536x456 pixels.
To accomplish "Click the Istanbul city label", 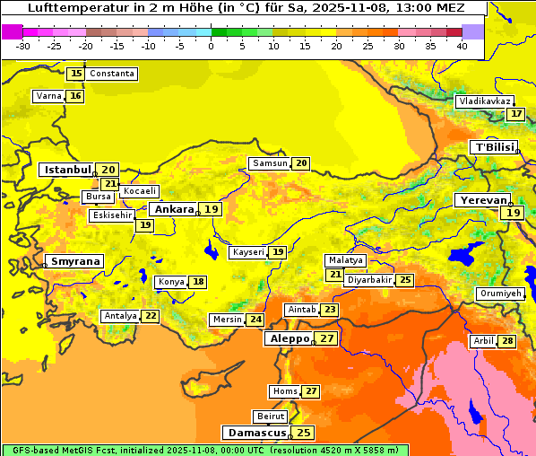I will [67, 170].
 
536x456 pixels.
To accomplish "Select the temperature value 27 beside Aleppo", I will [327, 338].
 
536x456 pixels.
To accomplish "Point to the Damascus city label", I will [256, 433].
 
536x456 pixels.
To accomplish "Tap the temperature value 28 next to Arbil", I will [508, 341].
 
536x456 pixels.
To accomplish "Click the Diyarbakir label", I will [369, 280].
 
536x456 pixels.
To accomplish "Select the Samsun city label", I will [270, 163].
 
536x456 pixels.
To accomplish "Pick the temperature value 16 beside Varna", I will [75, 96].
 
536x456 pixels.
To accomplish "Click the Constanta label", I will [112, 74].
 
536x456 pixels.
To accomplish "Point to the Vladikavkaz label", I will [485, 101].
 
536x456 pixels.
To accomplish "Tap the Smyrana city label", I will [75, 262].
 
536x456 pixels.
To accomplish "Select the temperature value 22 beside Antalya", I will [151, 316].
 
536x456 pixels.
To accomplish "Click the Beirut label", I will [271, 417].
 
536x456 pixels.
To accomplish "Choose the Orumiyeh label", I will [499, 294].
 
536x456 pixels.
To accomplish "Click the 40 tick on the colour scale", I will [462, 46].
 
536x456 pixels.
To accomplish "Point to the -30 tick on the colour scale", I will [23, 46].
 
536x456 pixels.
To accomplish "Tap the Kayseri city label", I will [248, 252].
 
